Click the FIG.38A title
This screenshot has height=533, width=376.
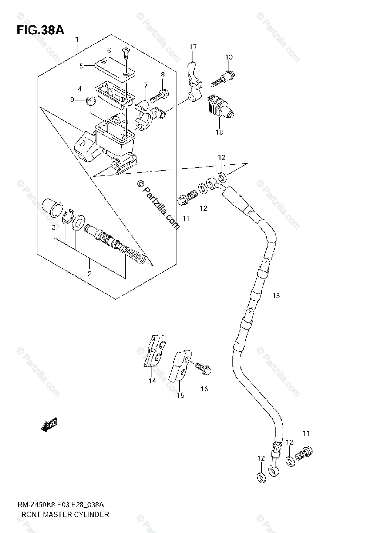(x=40, y=31)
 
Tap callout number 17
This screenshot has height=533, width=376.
(x=192, y=47)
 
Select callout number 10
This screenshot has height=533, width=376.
(x=228, y=57)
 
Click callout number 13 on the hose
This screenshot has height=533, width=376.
(x=276, y=295)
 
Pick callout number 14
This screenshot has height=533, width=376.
(x=152, y=381)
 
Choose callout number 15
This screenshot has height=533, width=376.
(x=180, y=395)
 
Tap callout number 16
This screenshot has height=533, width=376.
(x=204, y=389)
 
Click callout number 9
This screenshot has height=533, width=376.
(x=71, y=100)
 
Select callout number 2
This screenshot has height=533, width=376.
(x=89, y=274)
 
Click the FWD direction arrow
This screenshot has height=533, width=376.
(x=49, y=425)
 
